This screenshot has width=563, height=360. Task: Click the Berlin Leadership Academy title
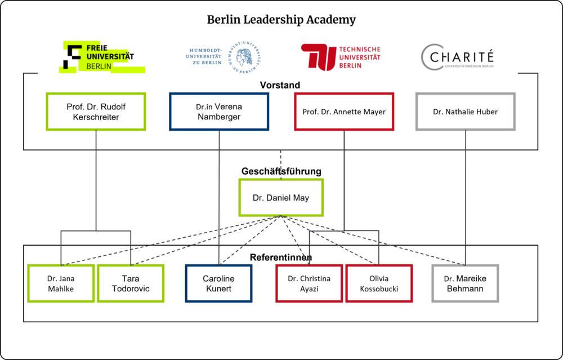tap(281, 20)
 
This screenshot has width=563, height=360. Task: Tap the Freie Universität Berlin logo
tap(101, 57)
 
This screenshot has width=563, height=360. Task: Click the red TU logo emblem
tap(318, 57)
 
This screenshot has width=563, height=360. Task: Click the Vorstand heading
tap(280, 85)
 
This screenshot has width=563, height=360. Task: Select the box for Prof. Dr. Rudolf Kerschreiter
tap(96, 112)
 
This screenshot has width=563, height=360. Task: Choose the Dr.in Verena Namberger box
tap(218, 112)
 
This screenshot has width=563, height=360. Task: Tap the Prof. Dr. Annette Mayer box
tap(344, 112)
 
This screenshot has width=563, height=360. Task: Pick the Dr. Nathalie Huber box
tap(465, 112)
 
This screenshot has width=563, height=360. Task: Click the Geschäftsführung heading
tap(281, 171)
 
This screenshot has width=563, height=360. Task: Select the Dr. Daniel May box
tap(281, 198)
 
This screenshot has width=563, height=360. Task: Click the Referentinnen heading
tap(281, 257)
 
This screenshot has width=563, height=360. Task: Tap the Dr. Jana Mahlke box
tap(60, 283)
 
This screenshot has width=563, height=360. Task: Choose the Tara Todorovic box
tap(131, 283)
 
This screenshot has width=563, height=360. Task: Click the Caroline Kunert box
tap(218, 283)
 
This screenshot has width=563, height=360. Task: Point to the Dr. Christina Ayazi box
tap(309, 283)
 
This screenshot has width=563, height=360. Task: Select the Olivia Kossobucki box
tap(379, 283)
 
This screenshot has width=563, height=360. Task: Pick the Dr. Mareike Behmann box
tap(465, 283)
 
